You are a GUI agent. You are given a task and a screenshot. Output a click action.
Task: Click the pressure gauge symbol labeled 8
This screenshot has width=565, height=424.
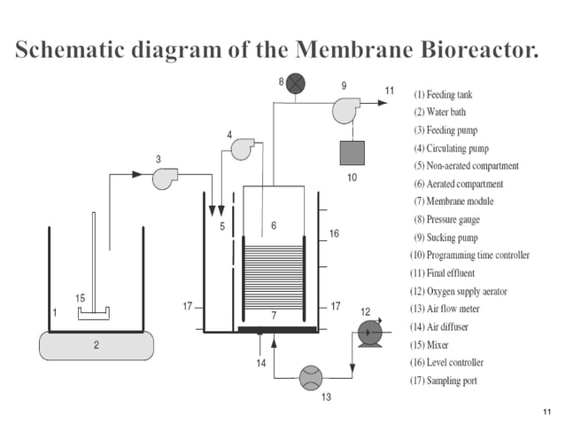click(x=295, y=83)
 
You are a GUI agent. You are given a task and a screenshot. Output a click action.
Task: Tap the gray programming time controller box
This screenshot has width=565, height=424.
click(x=353, y=153)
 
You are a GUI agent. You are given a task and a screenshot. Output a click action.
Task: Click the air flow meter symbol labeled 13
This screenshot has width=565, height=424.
click(x=311, y=377)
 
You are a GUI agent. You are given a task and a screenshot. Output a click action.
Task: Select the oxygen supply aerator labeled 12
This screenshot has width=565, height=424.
click(x=368, y=333)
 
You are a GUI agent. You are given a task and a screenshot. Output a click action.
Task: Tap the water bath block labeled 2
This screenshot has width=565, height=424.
click(x=95, y=345)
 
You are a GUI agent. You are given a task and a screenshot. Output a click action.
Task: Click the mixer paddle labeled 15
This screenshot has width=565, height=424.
click(x=93, y=312)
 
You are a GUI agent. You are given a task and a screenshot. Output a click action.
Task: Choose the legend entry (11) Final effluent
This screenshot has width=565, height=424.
click(x=452, y=273)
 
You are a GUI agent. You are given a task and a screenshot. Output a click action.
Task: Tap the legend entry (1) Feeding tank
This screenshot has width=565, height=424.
click(x=451, y=94)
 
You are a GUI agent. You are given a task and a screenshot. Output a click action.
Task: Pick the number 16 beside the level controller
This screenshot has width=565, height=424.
click(x=333, y=233)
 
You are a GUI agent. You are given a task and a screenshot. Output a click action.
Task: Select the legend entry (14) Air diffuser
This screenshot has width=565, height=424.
click(x=451, y=326)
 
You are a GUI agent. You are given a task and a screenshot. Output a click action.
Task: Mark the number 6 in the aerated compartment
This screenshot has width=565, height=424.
click(x=274, y=225)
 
